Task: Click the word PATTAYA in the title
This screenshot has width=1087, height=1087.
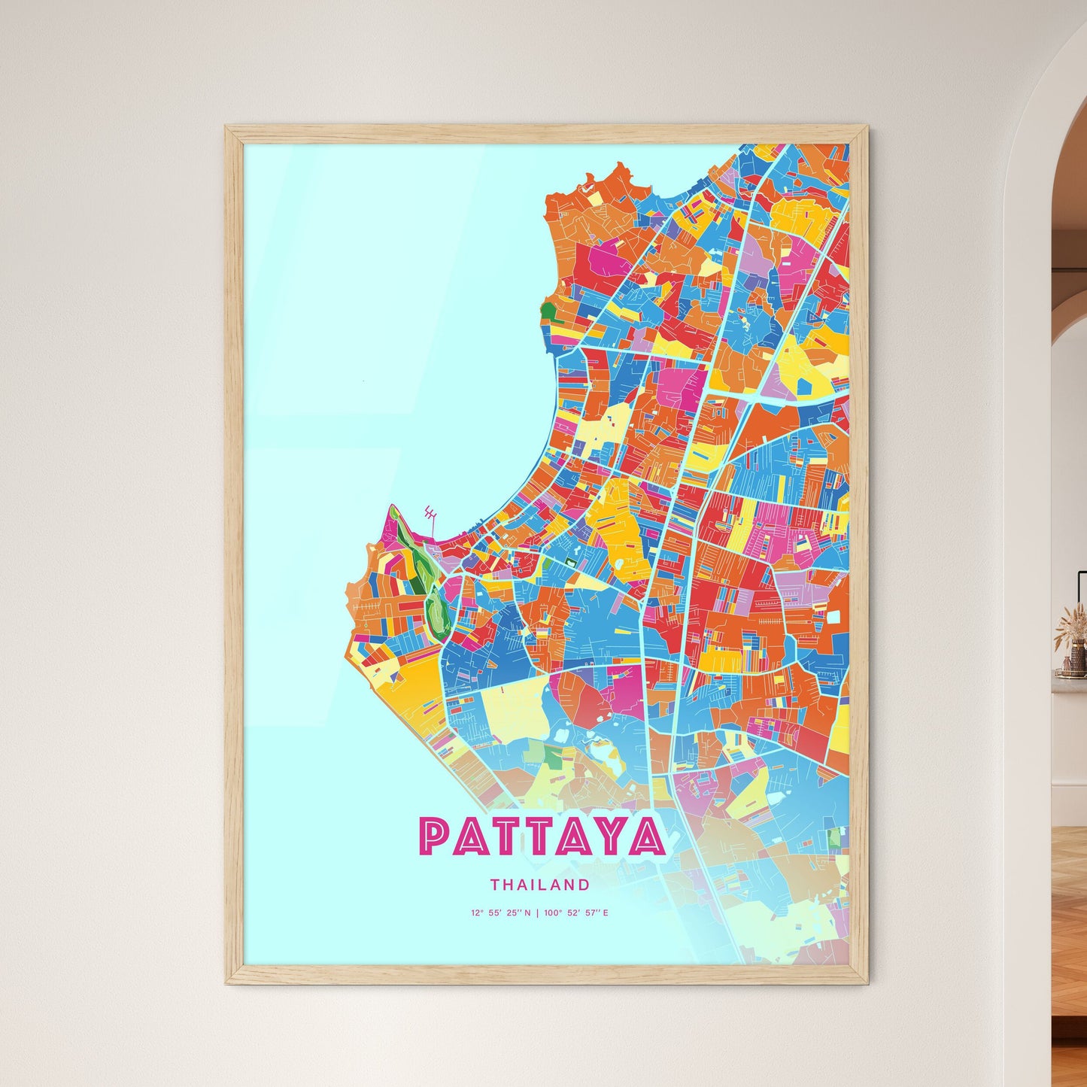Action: [x=542, y=836]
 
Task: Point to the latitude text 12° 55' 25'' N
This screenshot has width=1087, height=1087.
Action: [x=500, y=913]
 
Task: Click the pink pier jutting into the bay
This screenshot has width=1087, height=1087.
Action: [x=430, y=518]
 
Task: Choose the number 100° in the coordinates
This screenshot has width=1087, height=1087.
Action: [x=552, y=913]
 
